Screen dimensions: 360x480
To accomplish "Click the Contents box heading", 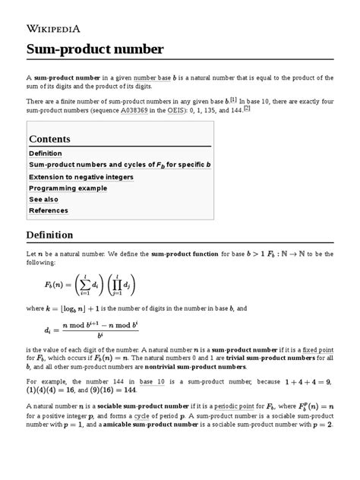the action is [49, 139].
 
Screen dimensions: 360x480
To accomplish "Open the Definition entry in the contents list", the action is [45, 153].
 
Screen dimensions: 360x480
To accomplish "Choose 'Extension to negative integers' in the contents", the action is [81, 176].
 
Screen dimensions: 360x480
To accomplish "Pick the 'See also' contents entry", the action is [45, 199].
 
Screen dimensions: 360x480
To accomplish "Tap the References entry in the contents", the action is [48, 210].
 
